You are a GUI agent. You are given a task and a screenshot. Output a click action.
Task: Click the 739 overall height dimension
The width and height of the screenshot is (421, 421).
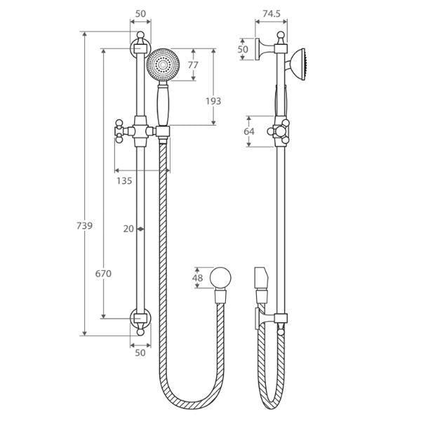[84, 226]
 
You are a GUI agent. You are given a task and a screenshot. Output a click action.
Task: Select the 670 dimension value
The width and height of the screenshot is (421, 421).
[103, 274]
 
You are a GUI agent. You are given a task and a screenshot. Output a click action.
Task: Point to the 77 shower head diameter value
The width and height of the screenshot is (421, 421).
[193, 65]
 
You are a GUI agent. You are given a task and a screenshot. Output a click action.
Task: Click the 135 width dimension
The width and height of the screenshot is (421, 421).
[124, 180]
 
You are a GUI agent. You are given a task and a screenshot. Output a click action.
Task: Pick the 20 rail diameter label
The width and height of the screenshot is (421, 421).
[127, 229]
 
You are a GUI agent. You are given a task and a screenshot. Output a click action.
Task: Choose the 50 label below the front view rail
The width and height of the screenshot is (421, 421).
[140, 353]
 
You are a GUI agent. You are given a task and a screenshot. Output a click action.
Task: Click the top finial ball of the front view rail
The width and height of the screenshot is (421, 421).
[140, 34]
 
